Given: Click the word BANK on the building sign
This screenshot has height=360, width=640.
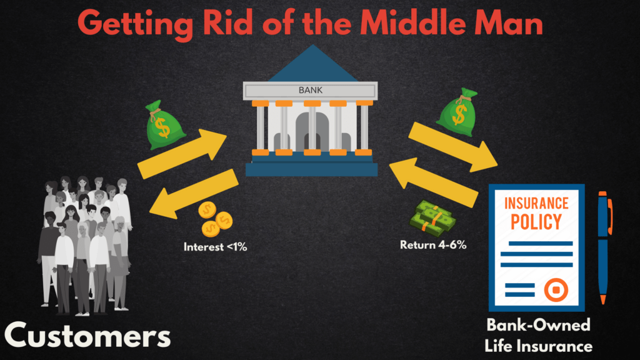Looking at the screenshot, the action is coord(311,90).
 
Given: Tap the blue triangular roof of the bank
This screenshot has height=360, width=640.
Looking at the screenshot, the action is coord(312,64).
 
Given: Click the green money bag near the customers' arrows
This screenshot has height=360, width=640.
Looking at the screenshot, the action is coord(164,125).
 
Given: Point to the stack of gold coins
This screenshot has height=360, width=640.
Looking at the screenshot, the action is coord(215,219).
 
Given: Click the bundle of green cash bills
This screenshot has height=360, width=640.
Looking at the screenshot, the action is coord(432,218).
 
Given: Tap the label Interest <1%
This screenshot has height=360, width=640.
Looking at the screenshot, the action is coord(215,247).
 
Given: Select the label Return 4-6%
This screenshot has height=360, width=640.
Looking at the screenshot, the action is coord(433,245).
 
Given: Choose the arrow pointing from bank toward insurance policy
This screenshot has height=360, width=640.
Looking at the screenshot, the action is coord(453,147).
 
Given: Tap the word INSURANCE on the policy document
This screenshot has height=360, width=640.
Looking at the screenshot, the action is coord(536,203).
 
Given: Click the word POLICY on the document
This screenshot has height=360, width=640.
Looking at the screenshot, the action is coord(536,222).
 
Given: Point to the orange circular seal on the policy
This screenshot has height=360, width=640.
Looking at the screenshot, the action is coord(556,290).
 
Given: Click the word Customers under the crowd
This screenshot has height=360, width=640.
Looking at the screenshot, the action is coord(87,336).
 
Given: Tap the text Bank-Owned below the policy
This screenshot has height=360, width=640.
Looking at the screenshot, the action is coord(538,325).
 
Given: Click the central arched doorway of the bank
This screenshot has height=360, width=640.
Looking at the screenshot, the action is coord(312,131).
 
